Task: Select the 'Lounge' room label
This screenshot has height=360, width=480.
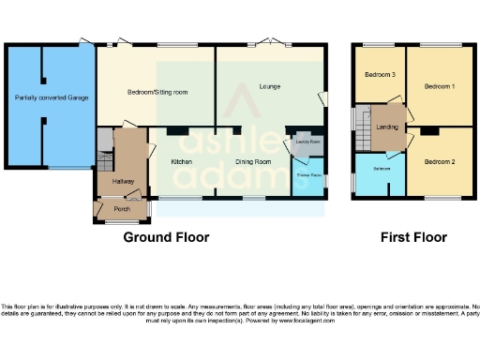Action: [x=272, y=87]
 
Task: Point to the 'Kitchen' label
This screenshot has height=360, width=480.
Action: [x=182, y=162]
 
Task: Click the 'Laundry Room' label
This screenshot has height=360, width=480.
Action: [x=308, y=142]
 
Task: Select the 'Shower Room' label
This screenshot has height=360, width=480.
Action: [x=308, y=175]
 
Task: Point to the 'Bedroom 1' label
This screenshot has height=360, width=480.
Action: [x=439, y=86]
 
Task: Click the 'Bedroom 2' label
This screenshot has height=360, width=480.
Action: [x=439, y=162]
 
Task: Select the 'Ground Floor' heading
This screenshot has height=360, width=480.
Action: [x=167, y=238]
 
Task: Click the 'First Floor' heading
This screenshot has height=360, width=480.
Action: [x=413, y=238]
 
